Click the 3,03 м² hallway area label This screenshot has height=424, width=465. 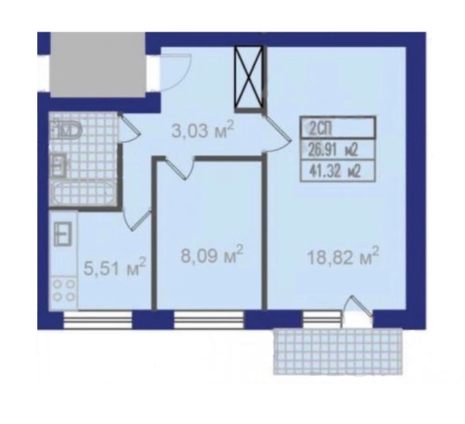pyautogui.click(x=202, y=130)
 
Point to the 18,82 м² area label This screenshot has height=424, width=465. pyautogui.click(x=343, y=256)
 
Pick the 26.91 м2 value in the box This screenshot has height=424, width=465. pyautogui.click(x=333, y=149)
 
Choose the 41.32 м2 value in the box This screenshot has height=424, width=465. pyautogui.click(x=334, y=172)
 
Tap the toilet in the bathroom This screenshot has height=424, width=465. pyautogui.click(x=68, y=130)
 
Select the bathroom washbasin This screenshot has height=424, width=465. pyautogui.click(x=60, y=165)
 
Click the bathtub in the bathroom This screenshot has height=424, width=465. pyautogui.click(x=82, y=194)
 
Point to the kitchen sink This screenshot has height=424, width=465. pyautogui.click(x=63, y=234)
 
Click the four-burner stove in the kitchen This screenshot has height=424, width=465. pyautogui.click(x=63, y=292)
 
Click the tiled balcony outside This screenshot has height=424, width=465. pyautogui.click(x=338, y=352)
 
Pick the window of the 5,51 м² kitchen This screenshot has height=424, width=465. pyautogui.click(x=98, y=320)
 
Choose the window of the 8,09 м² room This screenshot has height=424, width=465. pyautogui.click(x=208, y=320)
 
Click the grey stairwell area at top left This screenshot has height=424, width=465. pyautogui.click(x=98, y=64)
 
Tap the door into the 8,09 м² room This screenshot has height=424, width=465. pyautogui.click(x=179, y=169)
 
